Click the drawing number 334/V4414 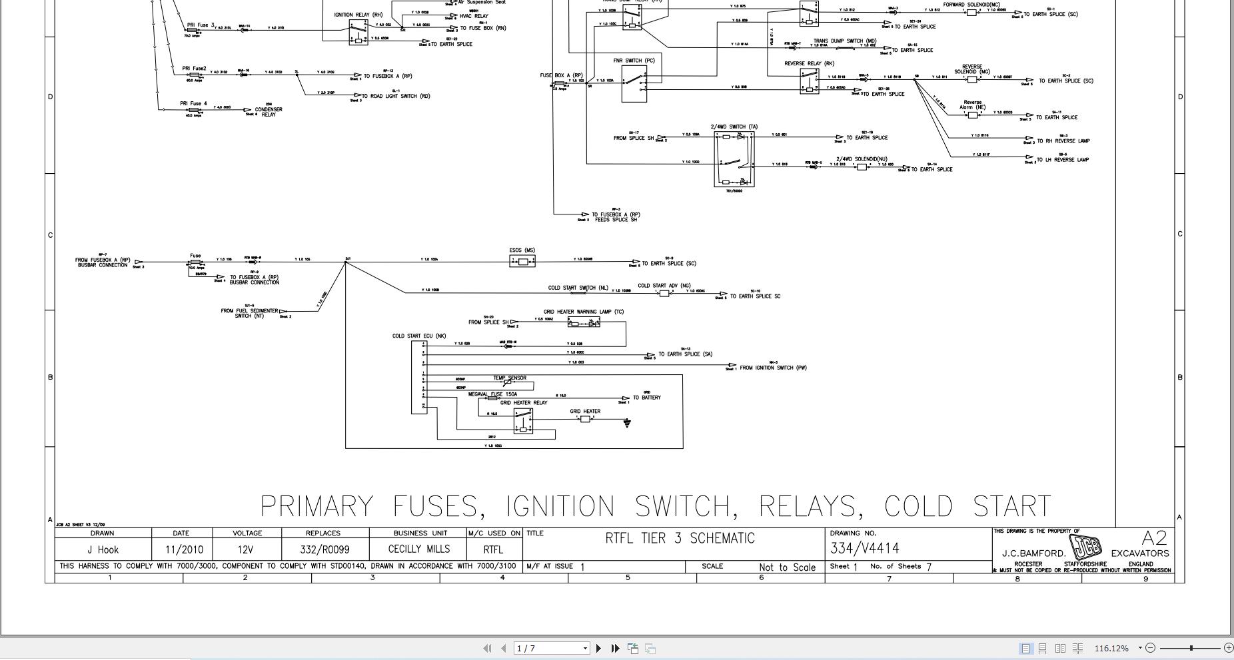pos(864,549)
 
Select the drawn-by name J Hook pos(103,550)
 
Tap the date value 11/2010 pos(185,550)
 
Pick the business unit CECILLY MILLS pos(418,549)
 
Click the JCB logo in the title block pos(1085,547)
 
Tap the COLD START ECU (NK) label pos(418,336)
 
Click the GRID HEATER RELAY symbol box pos(523,422)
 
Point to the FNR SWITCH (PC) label pos(634,61)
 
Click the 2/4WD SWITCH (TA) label pos(734,127)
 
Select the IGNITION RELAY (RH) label pos(358,15)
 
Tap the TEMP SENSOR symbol pos(509,383)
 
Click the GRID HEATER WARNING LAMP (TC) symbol pos(583,322)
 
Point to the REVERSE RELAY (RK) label pos(809,64)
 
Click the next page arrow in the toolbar pos(598,648)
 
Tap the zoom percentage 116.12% pos(1111,648)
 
